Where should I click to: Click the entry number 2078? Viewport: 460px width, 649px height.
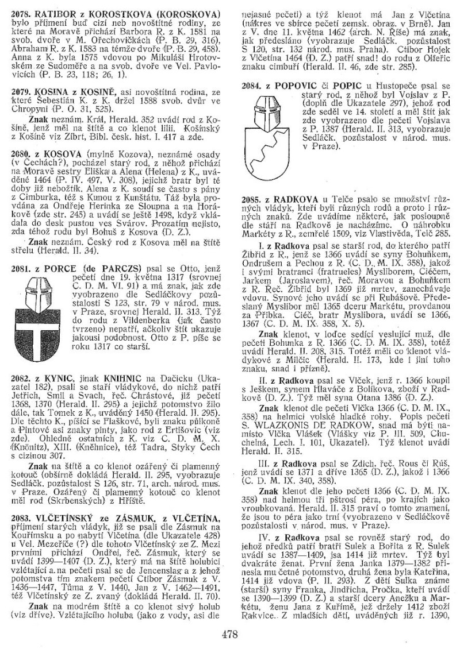point(21,13)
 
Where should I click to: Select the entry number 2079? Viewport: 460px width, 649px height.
point(21,91)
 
